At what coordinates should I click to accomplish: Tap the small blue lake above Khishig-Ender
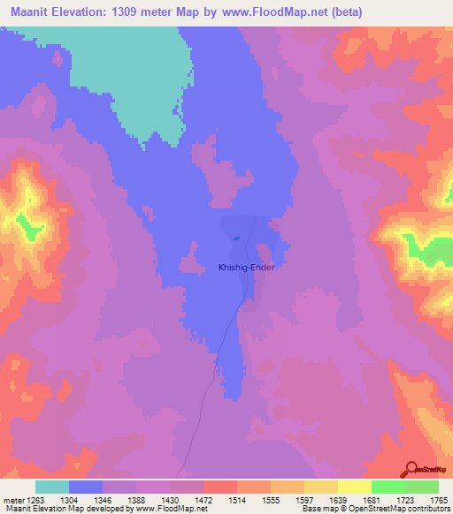(x=235, y=238)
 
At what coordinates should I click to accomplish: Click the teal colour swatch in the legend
(x=52, y=487)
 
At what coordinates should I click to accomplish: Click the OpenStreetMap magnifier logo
(x=411, y=469)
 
